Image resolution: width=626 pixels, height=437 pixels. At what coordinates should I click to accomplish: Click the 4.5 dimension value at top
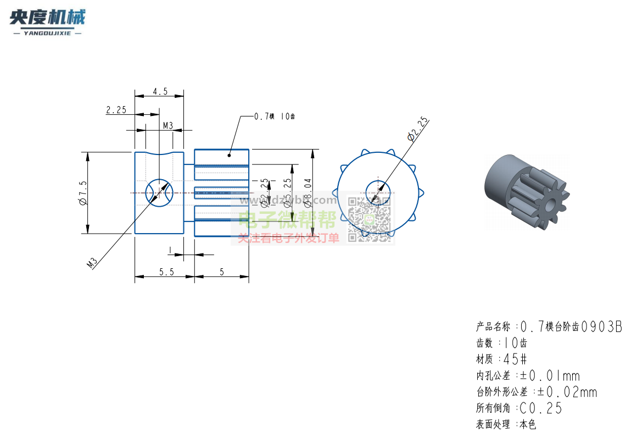coord(160,91)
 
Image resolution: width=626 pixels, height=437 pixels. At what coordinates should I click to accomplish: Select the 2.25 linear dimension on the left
coord(116,110)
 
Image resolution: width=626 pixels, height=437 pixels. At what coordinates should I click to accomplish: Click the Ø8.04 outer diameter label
coord(309,192)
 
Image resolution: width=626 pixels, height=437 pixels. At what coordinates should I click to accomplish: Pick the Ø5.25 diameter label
coord(287,192)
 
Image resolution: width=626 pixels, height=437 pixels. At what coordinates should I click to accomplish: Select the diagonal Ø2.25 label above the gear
coord(417,129)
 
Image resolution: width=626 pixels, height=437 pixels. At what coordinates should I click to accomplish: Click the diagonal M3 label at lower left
coord(92,262)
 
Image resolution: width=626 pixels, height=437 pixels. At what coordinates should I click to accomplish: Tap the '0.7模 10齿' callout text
coord(275,117)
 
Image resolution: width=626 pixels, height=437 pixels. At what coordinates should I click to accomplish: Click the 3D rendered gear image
coord(527,191)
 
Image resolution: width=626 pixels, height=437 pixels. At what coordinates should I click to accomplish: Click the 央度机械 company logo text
coord(47,18)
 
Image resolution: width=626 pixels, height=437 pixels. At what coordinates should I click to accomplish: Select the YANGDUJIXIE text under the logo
coord(47,34)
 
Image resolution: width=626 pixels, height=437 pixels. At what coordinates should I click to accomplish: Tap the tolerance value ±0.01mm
coord(550,376)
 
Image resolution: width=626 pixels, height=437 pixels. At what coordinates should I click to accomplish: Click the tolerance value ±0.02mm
coord(567,392)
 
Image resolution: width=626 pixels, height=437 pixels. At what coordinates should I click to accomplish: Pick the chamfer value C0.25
coord(540,408)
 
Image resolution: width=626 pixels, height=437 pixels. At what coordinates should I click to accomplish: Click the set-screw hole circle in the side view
coord(159,192)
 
